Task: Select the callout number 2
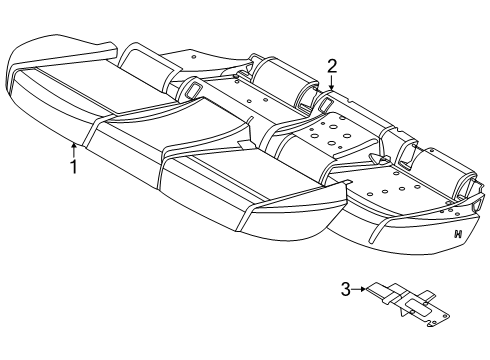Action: pos(331,66)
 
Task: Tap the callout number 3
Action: pos(345,289)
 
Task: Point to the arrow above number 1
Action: pos(73,148)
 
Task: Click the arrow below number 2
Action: pos(331,85)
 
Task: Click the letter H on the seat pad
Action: pos(457,234)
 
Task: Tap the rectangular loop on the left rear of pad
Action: pos(191,90)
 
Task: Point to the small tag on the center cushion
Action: pos(243,145)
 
